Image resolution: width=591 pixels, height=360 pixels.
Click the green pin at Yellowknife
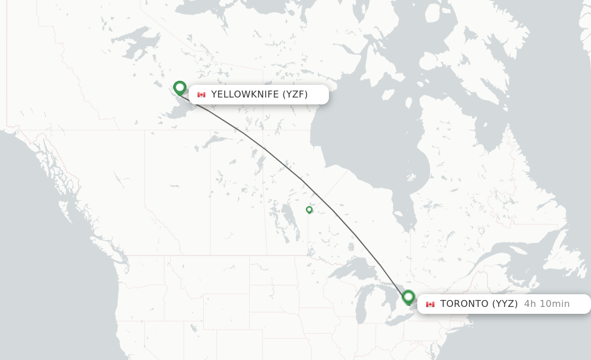[179, 88]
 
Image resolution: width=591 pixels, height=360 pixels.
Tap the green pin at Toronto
[409, 297]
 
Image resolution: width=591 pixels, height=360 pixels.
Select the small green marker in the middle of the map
[309, 210]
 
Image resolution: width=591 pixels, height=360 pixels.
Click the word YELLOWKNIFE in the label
[245, 95]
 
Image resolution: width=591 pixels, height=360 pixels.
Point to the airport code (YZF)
[295, 95]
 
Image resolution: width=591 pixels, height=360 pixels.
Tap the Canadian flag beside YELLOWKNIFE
[201, 95]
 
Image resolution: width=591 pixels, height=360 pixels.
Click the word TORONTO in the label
[463, 304]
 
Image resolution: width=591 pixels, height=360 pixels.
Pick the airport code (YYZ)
[504, 304]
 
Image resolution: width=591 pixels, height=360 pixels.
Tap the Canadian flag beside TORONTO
[430, 304]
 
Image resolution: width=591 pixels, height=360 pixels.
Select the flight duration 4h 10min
[547, 304]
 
